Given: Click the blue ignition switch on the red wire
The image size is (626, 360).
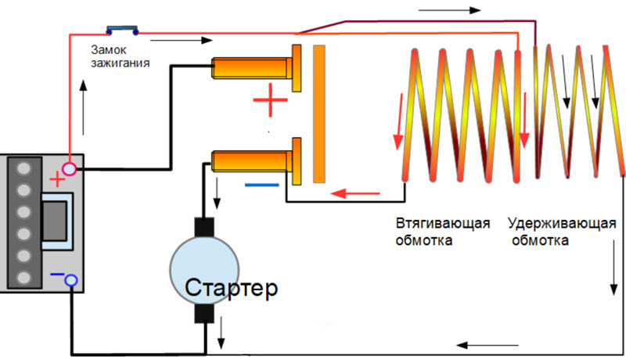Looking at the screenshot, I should pyautogui.click(x=123, y=31).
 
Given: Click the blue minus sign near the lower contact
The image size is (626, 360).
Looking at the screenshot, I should pyautogui.click(x=261, y=185).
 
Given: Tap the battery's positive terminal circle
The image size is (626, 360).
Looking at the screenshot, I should pyautogui.click(x=70, y=167).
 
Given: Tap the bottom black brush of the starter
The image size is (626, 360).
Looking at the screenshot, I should pyautogui.click(x=204, y=313).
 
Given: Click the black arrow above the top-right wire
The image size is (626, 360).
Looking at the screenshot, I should pyautogui.click(x=449, y=12).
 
